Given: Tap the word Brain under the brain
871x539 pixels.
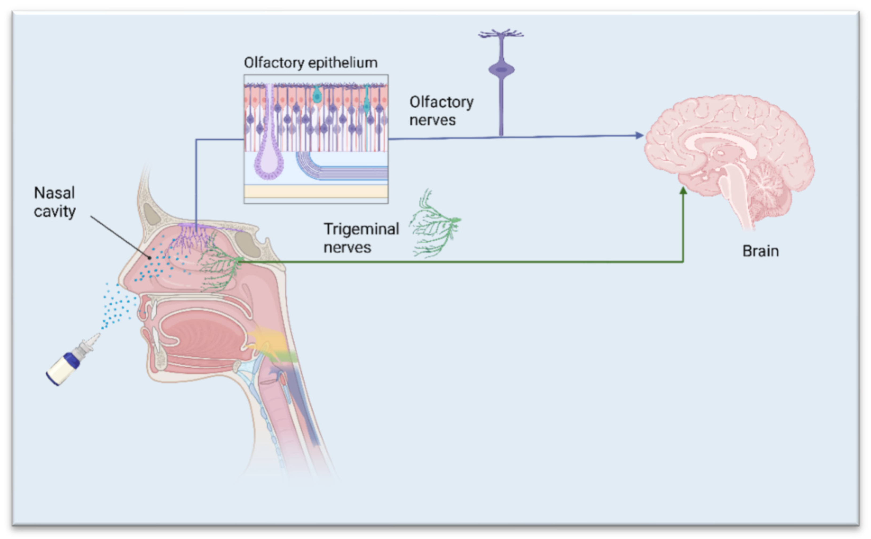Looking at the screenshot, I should coord(760,251).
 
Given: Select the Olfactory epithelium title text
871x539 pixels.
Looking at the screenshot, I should coord(310,63).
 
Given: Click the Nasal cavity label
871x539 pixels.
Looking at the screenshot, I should coord(54,202).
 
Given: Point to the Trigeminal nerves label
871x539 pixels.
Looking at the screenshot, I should coord(361,238).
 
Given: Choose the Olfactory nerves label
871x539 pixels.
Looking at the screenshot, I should coord(441,111).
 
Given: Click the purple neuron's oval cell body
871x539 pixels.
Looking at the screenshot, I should coord(501,69).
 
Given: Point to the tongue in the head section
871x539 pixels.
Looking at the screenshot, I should coord(203,333).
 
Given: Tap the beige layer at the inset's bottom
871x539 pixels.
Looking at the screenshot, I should coord(316,191).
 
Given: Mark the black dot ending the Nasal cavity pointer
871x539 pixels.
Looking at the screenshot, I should coord(150,257).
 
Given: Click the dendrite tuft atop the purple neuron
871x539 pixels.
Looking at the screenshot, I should coord(501,34).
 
